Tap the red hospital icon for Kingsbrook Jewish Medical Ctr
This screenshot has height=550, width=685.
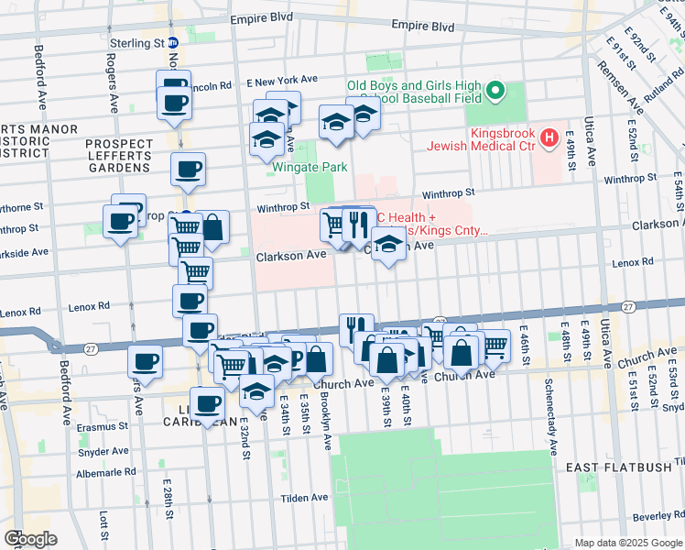[549, 139]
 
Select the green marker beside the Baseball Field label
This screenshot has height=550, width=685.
[495, 91]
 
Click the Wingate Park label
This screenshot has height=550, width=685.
[308, 168]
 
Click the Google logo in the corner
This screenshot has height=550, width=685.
[30, 539]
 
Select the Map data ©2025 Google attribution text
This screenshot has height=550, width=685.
[627, 543]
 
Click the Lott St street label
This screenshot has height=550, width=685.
[101, 527]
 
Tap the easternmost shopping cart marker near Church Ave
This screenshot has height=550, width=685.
[495, 346]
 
